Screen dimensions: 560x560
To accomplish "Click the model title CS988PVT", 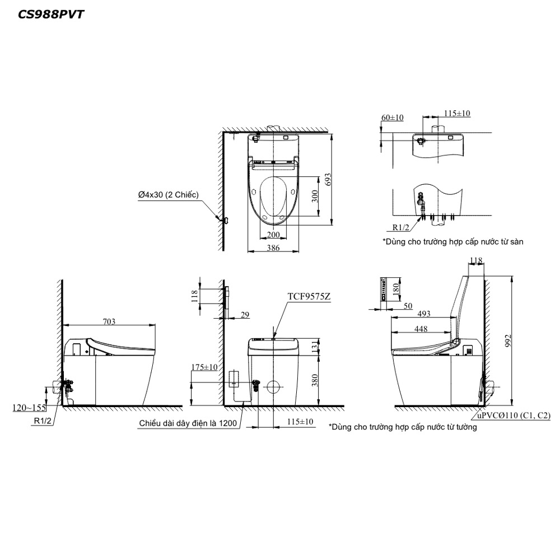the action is (x=51, y=15).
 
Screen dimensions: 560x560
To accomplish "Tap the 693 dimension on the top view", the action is (x=328, y=180).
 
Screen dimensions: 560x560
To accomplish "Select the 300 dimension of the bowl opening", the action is (x=315, y=196).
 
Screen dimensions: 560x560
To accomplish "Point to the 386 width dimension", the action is (x=273, y=248).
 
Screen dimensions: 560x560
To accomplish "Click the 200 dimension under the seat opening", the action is (x=273, y=235).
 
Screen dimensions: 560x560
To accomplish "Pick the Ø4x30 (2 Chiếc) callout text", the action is (x=168, y=195).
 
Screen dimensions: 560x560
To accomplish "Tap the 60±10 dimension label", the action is (x=392, y=118).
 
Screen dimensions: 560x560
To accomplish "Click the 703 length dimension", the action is (x=109, y=321).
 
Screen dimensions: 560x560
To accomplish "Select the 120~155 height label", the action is (x=29, y=408).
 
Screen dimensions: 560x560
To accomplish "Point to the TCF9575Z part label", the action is (x=309, y=296).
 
